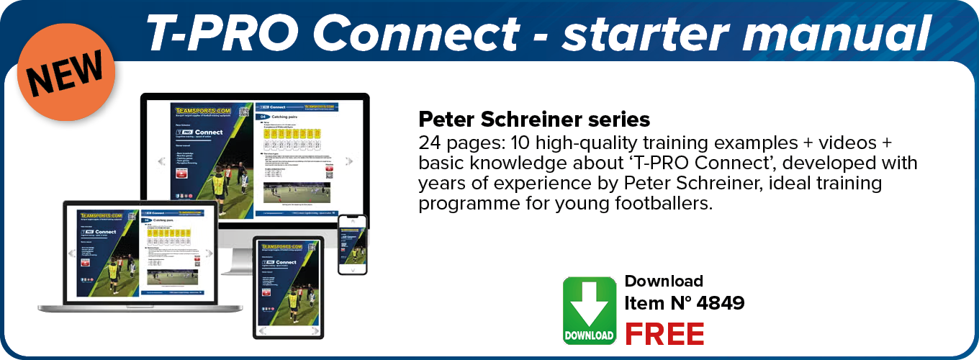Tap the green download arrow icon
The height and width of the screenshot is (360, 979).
point(590,310)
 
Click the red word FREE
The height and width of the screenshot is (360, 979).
point(664,333)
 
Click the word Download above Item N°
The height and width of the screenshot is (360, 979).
point(664,281)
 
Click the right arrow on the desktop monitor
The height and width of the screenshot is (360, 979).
point(350,161)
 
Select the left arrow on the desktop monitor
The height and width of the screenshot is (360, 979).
point(162,161)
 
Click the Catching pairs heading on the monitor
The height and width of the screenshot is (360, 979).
point(291,115)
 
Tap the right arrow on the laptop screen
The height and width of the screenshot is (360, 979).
point(209,253)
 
